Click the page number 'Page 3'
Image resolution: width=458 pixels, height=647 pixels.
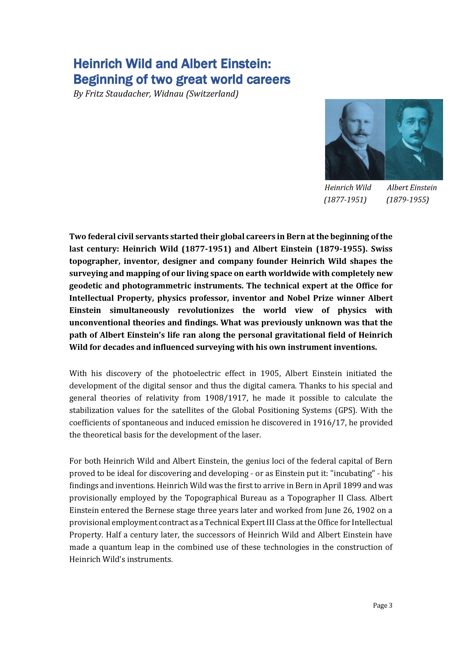click(x=382, y=605)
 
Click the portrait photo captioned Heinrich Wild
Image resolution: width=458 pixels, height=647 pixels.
click(x=355, y=139)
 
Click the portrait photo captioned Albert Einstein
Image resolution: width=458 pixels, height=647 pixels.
click(x=414, y=139)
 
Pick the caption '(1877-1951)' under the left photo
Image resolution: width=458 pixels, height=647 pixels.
click(x=345, y=200)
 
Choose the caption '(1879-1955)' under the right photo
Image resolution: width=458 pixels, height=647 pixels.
click(x=408, y=200)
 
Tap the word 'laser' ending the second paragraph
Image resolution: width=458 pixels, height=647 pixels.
click(x=251, y=435)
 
